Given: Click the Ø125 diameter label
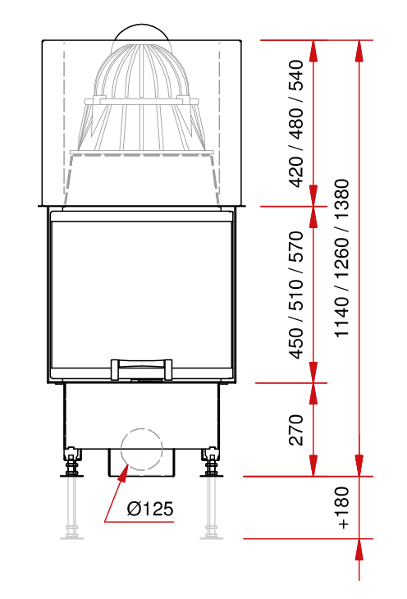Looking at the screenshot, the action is click(150, 509).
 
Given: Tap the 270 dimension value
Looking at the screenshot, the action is click(296, 430).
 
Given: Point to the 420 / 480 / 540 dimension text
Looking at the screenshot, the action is click(296, 124).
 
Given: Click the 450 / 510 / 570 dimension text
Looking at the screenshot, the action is click(296, 295).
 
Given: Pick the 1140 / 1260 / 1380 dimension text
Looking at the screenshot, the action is click(341, 258).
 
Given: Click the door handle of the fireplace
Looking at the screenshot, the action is click(141, 370).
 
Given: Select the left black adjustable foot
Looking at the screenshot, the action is click(71, 462).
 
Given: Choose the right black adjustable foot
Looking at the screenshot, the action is click(212, 462).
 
